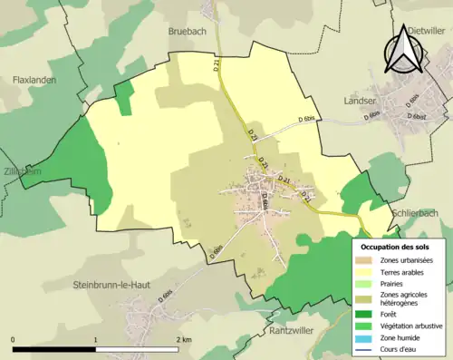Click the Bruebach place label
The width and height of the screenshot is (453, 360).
[x=188, y=31]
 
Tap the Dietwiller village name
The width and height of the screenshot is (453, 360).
[x=426, y=30]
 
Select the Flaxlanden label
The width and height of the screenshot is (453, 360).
[x=36, y=80]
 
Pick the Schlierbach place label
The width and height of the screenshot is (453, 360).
[x=416, y=214]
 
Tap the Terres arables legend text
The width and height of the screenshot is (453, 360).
[x=405, y=272]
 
